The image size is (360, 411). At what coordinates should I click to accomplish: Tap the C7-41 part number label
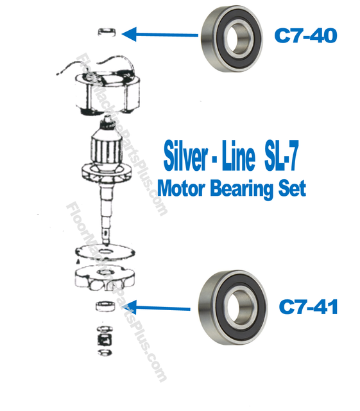(x=309, y=308)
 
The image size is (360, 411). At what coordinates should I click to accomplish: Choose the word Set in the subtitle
(x=291, y=189)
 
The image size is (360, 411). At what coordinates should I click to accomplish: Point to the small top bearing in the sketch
(x=107, y=31)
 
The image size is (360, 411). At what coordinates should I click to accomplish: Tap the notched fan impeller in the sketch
(x=103, y=278)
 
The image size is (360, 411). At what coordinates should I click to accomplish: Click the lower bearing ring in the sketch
(x=104, y=306)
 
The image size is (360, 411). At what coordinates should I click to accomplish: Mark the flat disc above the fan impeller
(x=101, y=252)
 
